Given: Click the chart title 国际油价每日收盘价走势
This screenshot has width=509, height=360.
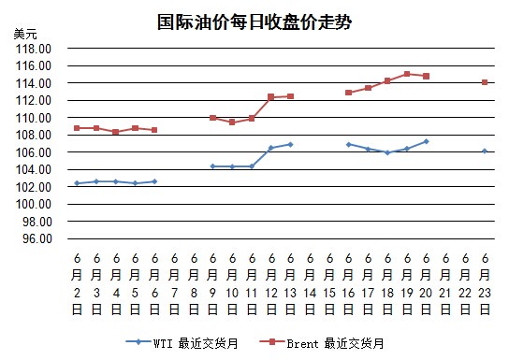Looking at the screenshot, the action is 254,22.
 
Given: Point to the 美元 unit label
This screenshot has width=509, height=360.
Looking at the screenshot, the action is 25,34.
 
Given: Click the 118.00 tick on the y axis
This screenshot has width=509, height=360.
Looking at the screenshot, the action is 34,49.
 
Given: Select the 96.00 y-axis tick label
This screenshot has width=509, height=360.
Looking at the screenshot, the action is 37,238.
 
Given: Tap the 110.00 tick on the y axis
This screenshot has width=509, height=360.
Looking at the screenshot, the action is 34,118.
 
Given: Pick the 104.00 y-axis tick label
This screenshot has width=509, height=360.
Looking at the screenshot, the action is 34,169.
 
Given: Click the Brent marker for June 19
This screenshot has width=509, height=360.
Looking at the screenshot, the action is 407,74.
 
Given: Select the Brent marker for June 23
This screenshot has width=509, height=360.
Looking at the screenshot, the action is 485,82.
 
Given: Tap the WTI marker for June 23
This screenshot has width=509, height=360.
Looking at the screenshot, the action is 485,151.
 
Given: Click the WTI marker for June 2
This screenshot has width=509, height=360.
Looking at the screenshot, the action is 77,183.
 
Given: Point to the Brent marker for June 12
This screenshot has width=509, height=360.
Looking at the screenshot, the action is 271,97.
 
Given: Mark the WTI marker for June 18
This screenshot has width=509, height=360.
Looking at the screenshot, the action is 387,152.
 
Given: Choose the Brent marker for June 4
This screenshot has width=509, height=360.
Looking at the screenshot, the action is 116,132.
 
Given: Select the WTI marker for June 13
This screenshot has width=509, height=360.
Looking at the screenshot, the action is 291,145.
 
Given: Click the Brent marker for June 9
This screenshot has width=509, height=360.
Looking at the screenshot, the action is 213,118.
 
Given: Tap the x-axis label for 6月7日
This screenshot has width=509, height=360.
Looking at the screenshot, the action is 174,284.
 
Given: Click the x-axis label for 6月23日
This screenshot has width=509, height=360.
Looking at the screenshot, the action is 485,284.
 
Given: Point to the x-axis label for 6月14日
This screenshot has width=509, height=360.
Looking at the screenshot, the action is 310,284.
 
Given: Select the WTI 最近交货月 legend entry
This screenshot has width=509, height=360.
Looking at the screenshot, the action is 182,343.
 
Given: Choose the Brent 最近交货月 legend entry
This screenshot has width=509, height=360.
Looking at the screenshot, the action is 322,343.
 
